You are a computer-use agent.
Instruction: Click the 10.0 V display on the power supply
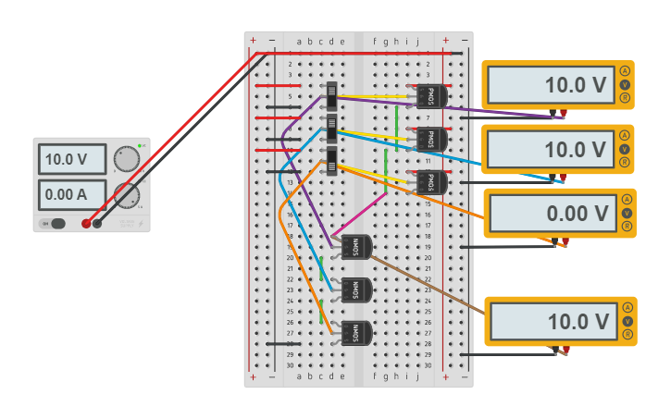[72, 159]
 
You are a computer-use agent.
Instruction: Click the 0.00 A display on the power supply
[72, 194]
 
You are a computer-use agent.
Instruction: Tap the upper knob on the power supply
[127, 160]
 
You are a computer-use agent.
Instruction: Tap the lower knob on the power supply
[127, 195]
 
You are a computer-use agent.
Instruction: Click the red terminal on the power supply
[86, 223]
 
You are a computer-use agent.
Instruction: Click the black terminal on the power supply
[97, 223]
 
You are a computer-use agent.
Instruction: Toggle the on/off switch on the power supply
[57, 223]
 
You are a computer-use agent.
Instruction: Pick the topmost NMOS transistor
[355, 247]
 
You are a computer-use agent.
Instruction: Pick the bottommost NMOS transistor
[355, 333]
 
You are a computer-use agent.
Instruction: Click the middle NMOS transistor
[355, 290]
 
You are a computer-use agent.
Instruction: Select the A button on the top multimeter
[626, 71]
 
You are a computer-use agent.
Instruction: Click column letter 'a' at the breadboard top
[299, 42]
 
